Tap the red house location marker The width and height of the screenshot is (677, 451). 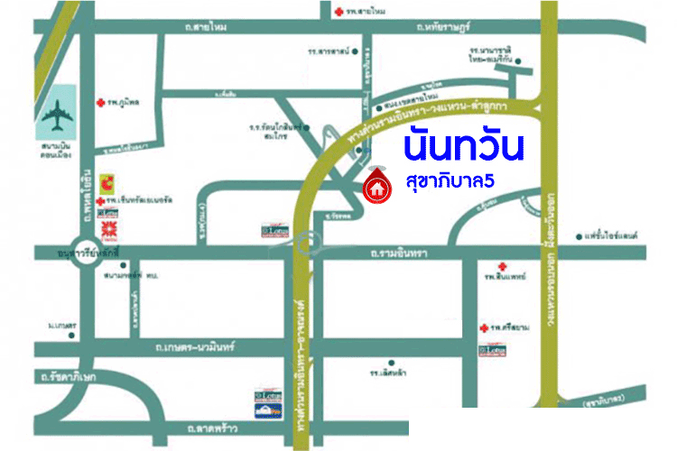click(375, 187)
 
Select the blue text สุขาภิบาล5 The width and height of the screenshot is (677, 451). click(448, 181)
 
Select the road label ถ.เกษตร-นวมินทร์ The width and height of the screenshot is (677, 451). click(195, 345)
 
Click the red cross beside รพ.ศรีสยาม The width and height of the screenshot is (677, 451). click(485, 326)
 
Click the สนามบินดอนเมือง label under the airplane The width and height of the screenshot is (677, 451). click(59, 147)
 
